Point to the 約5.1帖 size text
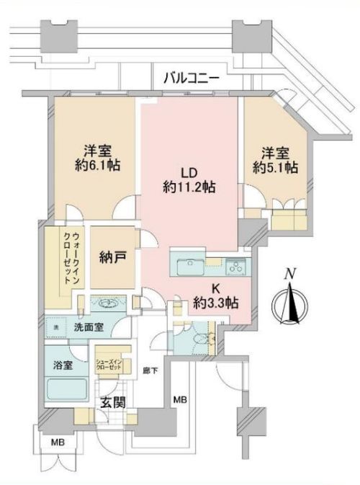tap(275, 167)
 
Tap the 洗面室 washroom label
tap(88, 327)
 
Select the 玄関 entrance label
tap(109, 402)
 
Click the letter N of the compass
tap(290, 274)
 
